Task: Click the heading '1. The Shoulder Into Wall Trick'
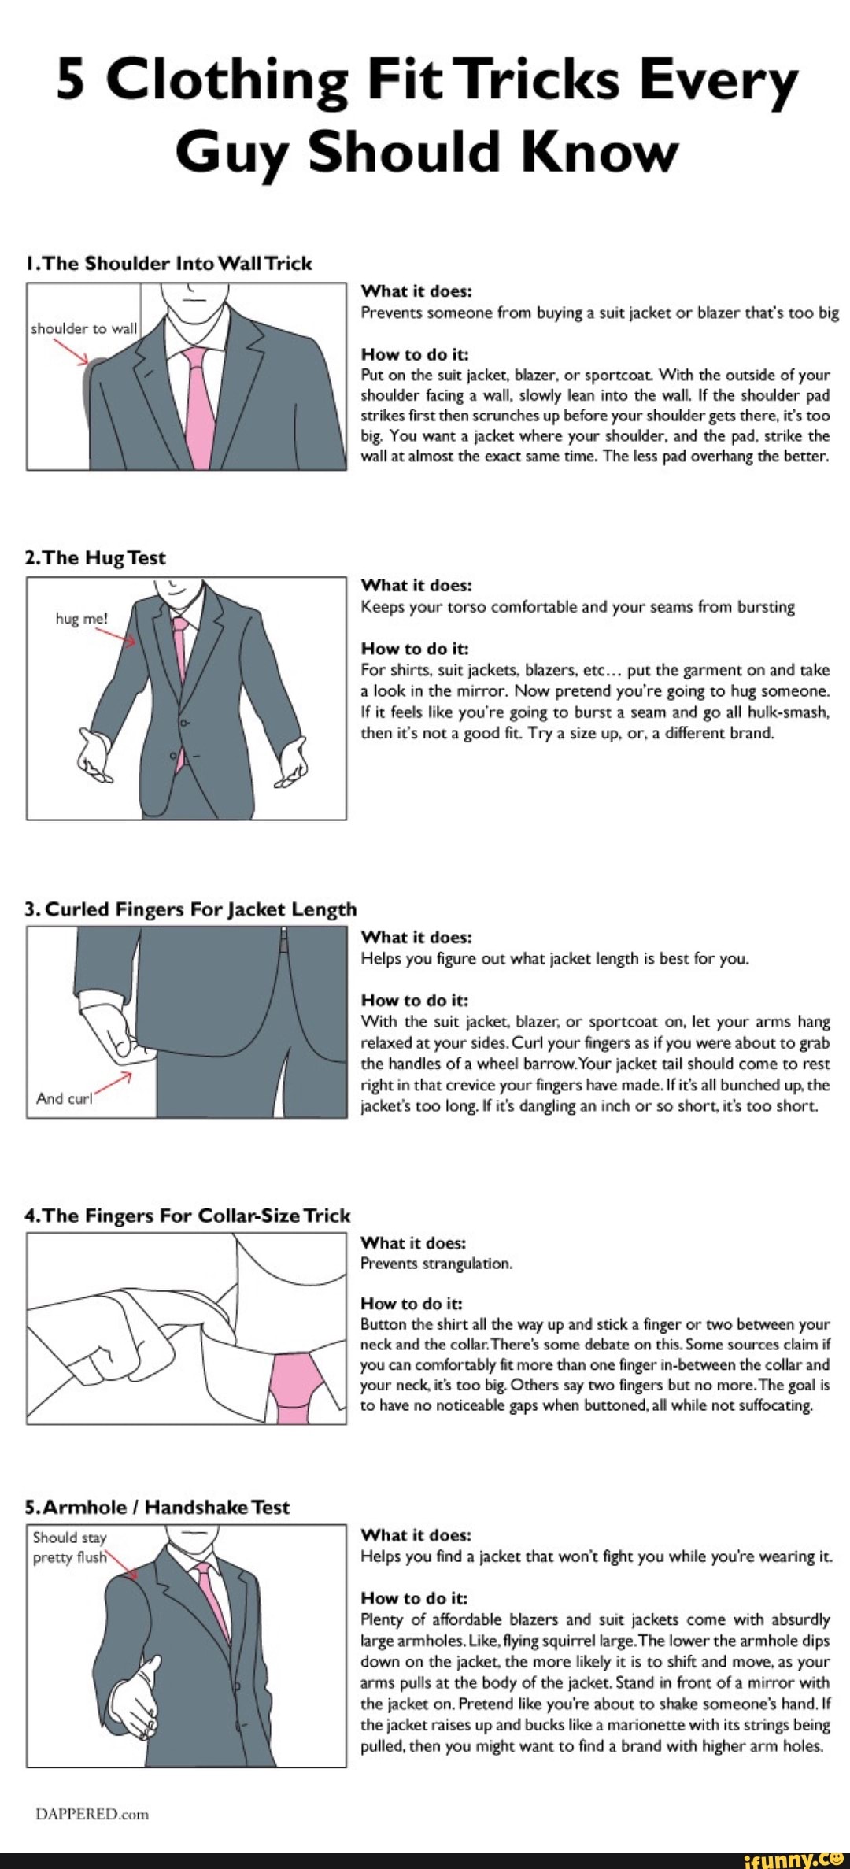168,264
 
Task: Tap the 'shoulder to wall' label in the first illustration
83,329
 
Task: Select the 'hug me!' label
81,619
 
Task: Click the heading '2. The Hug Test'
96,558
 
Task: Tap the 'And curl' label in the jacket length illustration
65,1099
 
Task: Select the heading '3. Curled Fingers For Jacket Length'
191,910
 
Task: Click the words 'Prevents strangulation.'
436,1264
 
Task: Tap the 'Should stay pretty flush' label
70,1547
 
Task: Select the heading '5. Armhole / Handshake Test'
157,1508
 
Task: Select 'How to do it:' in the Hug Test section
414,649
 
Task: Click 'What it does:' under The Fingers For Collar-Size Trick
413,1242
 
